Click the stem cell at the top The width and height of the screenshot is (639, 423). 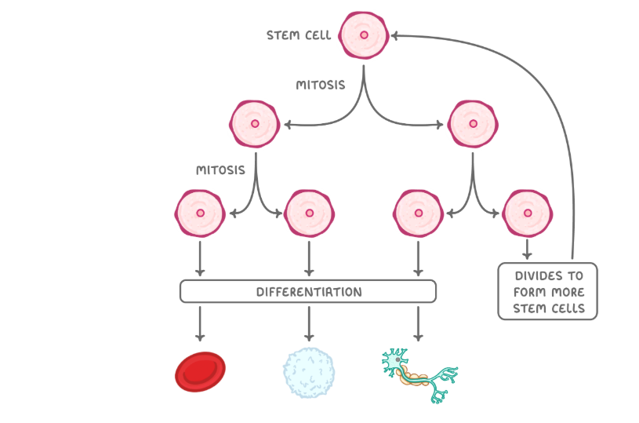pos(364,35)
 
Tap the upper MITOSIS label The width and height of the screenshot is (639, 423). pos(320,85)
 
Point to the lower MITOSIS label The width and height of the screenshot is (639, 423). pos(220,170)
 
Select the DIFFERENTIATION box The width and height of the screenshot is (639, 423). pos(308,292)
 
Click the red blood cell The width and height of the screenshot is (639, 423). pos(200,372)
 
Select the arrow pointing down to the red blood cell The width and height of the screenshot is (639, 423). pos(200,323)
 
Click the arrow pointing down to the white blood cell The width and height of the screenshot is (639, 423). pos(309,323)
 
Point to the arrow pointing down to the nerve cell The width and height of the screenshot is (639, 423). pos(418,323)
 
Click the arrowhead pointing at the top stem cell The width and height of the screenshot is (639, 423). pos(395,35)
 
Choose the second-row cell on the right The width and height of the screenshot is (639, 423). pos(473,124)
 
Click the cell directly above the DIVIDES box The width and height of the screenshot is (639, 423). pos(527,213)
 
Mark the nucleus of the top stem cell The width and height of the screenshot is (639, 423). pos(364,35)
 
